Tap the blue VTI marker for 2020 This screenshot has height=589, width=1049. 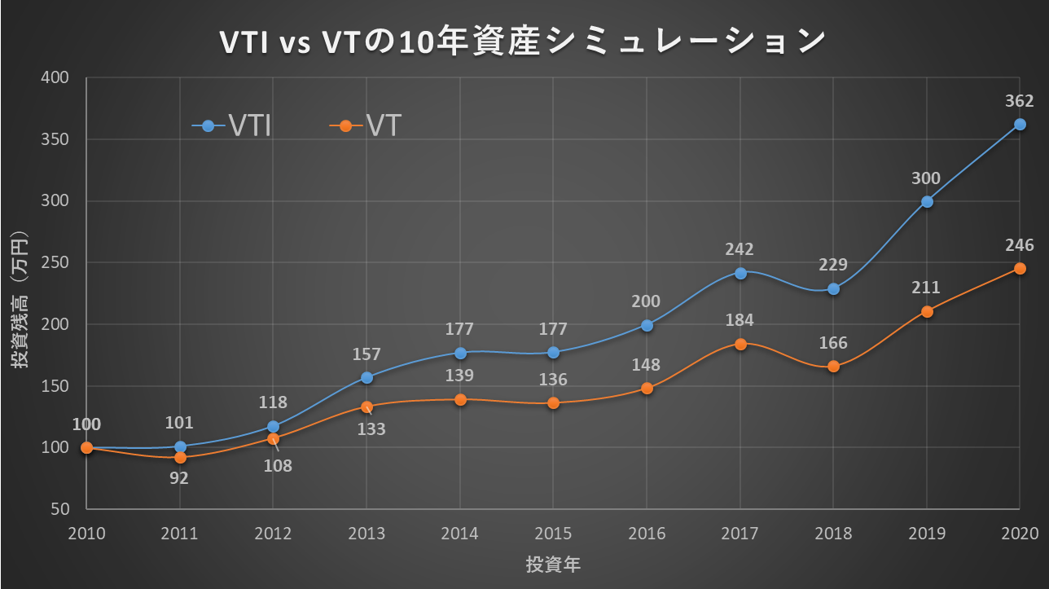pos(1020,125)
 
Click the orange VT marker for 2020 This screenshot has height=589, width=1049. pos(1020,268)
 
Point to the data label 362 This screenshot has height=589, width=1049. pos(1019,101)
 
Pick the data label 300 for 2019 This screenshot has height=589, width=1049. pos(926,178)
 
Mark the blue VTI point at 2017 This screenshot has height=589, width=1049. pos(740,273)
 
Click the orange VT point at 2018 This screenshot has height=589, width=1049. pos(833,367)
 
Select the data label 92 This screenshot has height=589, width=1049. pos(179,478)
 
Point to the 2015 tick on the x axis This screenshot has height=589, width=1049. pos(553,534)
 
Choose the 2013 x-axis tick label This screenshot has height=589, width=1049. pos(366,534)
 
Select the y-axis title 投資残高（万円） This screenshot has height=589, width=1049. pos(20,299)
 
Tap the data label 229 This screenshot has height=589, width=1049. pos(833,265)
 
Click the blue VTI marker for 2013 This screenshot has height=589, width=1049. pos(366,377)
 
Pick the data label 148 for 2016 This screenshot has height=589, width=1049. pos(646,365)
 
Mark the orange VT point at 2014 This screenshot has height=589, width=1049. pos(460,399)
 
